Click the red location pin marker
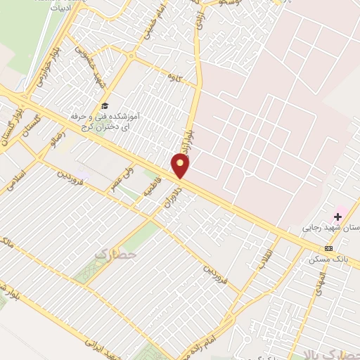click(181, 165)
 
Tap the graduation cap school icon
click(105, 105)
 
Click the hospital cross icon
click(338, 217)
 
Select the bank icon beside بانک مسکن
click(328, 248)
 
